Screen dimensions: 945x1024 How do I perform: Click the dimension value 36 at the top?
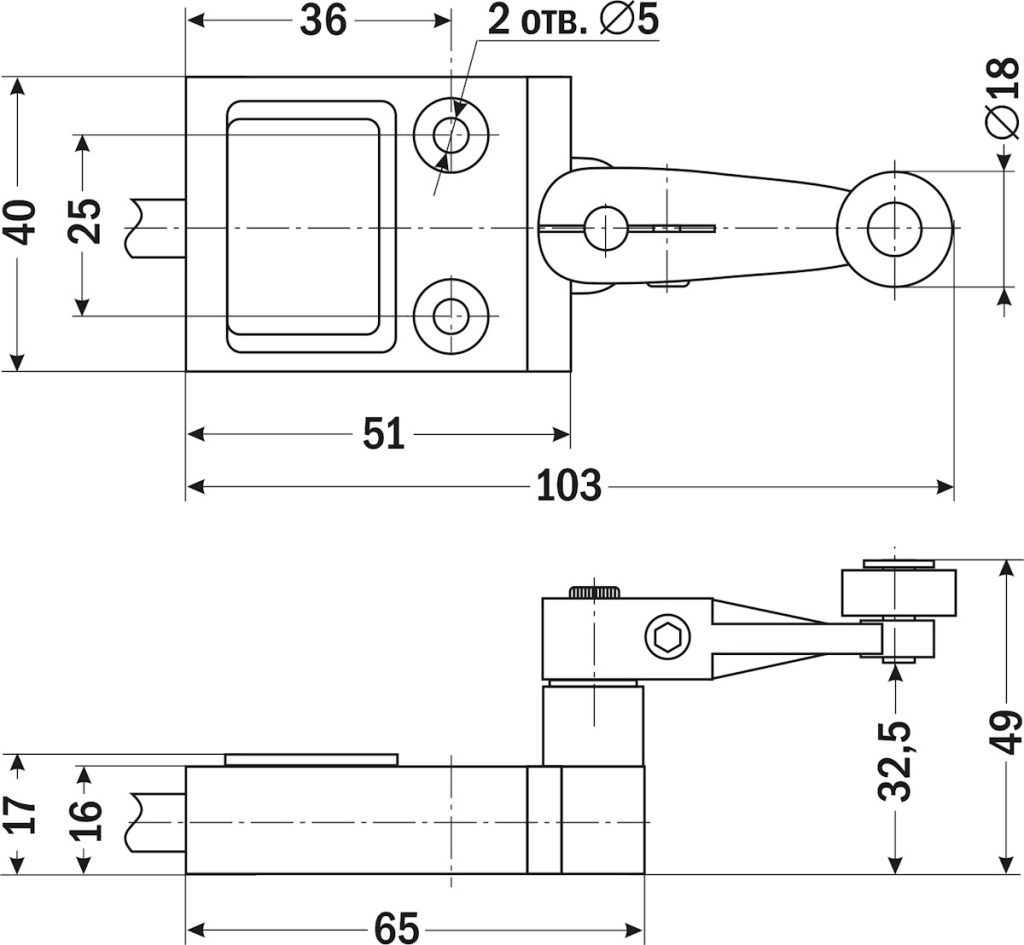[323, 20]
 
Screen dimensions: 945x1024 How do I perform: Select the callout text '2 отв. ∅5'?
[574, 20]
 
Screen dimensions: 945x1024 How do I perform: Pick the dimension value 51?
[383, 435]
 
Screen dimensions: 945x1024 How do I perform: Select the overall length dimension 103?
[569, 486]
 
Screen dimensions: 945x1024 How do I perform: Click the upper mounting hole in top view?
[451, 134]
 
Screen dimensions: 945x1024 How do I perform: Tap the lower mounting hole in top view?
[451, 316]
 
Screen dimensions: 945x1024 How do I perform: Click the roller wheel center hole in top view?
[894, 228]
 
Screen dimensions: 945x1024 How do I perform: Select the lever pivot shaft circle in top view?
[605, 228]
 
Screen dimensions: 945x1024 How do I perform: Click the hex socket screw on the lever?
[668, 637]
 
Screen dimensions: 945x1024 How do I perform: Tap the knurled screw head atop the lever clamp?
[595, 592]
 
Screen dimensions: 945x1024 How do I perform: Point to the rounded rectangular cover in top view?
[311, 226]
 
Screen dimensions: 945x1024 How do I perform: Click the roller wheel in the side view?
[898, 592]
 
